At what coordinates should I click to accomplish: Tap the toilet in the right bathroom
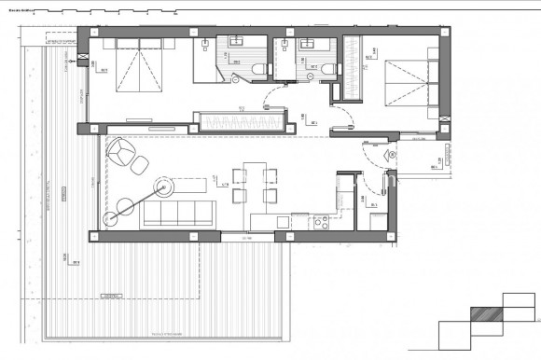pyautogui.click(x=327, y=68)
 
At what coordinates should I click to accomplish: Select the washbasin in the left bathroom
pyautogui.click(x=232, y=42)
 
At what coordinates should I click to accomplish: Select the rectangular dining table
pyautogui.click(x=253, y=182)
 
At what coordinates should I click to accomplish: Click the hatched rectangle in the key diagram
pyautogui.click(x=486, y=315)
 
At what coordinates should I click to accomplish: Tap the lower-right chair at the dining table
pyautogui.click(x=270, y=194)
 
